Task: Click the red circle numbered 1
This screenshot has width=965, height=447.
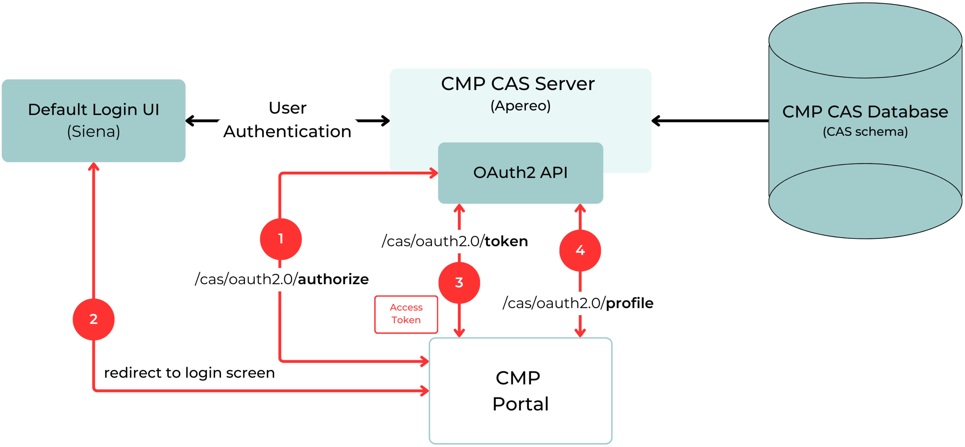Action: pyautogui.click(x=281, y=239)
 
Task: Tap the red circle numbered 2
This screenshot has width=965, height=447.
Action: pyautogui.click(x=93, y=319)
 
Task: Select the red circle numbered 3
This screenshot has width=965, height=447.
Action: pyautogui.click(x=459, y=282)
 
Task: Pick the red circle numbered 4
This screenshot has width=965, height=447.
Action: pyautogui.click(x=580, y=250)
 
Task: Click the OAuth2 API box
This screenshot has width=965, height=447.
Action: pyautogui.click(x=520, y=173)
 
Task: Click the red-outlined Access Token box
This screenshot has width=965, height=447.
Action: pyautogui.click(x=406, y=314)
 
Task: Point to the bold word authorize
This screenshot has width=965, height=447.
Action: pyautogui.click(x=333, y=279)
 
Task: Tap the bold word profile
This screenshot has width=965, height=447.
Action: pyautogui.click(x=629, y=303)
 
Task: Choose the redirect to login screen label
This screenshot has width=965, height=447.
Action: pyautogui.click(x=189, y=373)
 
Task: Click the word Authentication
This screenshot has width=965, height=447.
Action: pyautogui.click(x=287, y=132)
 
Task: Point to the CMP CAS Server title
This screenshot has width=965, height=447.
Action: pyautogui.click(x=518, y=84)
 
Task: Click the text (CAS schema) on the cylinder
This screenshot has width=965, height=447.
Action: pyautogui.click(x=865, y=132)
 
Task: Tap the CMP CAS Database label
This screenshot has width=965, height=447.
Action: pyautogui.click(x=865, y=112)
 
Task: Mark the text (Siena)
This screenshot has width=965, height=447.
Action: pyautogui.click(x=94, y=132)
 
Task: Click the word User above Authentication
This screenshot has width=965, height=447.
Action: pyautogui.click(x=287, y=108)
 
